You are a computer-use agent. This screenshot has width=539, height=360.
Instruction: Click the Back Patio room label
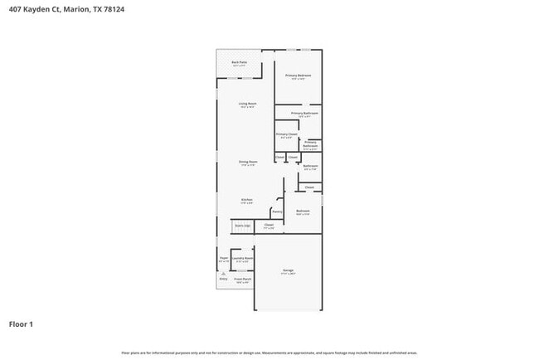[239, 62]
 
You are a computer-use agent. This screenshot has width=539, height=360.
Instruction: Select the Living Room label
[247, 104]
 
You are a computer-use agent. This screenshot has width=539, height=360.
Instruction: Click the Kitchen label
[246, 200]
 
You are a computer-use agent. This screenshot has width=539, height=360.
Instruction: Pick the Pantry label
[277, 211]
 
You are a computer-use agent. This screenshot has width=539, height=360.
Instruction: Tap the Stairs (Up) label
[242, 225]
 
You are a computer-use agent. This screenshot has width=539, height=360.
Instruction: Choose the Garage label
[288, 271]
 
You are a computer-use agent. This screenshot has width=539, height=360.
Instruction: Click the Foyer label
[223, 258]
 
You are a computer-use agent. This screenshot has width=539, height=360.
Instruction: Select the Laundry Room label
[243, 258]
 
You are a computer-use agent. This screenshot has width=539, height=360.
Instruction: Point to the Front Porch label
[242, 279]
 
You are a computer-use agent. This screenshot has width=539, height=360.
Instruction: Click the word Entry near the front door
[223, 279]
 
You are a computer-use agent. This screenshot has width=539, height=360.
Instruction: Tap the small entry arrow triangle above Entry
[223, 273]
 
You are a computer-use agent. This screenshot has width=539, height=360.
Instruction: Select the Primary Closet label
[286, 134]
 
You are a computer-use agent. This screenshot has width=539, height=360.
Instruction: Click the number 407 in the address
[14, 9]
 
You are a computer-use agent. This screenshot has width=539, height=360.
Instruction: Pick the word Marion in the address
[77, 9]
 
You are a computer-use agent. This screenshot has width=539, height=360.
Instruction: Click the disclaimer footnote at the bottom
[269, 353]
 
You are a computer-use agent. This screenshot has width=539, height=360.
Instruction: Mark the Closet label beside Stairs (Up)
[269, 224]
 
